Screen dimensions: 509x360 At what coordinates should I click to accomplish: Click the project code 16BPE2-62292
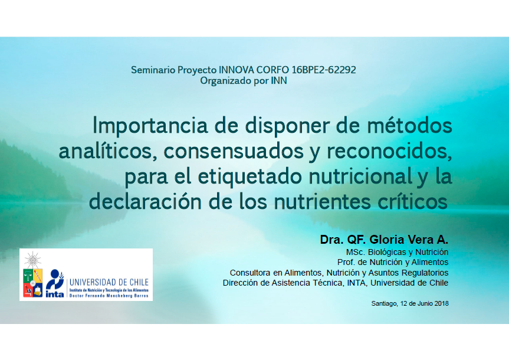pyautogui.click(x=324, y=70)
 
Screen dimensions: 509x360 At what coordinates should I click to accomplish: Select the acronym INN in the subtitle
pyautogui.click(x=279, y=81)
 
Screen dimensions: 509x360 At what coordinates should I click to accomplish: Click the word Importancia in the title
pyautogui.click(x=150, y=126)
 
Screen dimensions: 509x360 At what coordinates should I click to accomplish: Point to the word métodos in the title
pyautogui.click(x=410, y=125)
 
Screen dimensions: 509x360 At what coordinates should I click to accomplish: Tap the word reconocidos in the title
pyautogui.click(x=389, y=152)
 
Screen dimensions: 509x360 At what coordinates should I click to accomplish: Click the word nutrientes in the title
pyautogui.click(x=323, y=202)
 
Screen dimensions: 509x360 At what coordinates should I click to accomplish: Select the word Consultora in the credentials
pyautogui.click(x=250, y=273)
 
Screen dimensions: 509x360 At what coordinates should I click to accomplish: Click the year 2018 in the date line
pyautogui.click(x=442, y=303)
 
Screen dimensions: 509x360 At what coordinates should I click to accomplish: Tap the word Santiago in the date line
pyautogui.click(x=385, y=304)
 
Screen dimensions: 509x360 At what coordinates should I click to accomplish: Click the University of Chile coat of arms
pyautogui.click(x=32, y=275)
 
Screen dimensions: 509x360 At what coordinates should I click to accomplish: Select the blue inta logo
pyautogui.click(x=55, y=283)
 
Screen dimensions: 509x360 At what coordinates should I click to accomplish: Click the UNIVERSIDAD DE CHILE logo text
pyautogui.click(x=109, y=282)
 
